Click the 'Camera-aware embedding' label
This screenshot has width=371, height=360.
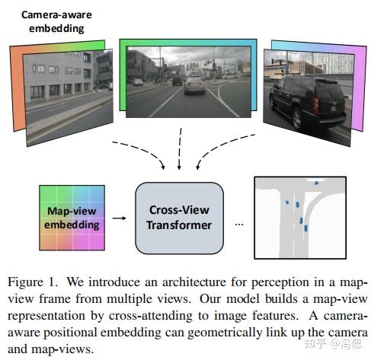(x=53, y=21)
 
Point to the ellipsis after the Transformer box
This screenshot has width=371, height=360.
(x=238, y=225)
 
